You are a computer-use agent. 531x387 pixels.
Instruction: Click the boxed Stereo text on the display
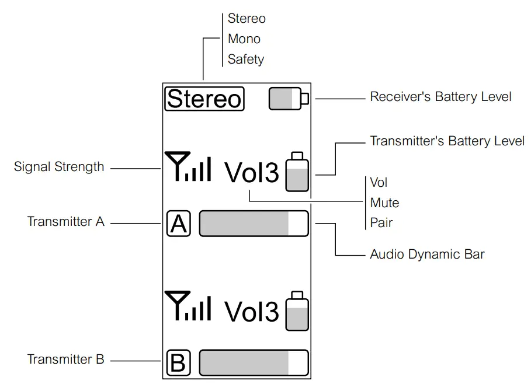[x=204, y=99]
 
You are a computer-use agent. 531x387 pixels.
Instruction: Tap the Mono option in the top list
[x=244, y=39]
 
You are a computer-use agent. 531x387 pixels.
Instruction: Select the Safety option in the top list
[x=246, y=59]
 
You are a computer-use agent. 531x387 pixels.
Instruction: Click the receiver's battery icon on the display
[x=288, y=99]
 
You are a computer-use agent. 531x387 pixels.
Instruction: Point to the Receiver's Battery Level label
[x=440, y=96]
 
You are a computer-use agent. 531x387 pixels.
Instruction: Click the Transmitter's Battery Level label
[x=447, y=141]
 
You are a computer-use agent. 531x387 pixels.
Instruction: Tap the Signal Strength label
[x=59, y=167]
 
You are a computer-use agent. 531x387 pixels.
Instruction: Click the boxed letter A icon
[x=179, y=224]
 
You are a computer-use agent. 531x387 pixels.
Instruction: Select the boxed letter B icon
[x=178, y=363]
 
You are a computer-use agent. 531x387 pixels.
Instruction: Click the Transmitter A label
[x=65, y=222]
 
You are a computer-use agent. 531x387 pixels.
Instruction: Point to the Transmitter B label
[x=65, y=360]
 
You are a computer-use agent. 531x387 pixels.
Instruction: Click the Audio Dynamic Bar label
[x=427, y=254]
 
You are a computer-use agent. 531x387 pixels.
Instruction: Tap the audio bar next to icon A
[x=254, y=224]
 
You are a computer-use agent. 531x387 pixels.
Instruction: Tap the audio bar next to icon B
[x=254, y=363]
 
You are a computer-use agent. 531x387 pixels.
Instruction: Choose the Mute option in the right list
[x=384, y=203]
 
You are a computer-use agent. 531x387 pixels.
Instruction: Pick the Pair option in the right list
[x=381, y=223]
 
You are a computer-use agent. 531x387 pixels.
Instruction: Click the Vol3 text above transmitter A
[x=252, y=172]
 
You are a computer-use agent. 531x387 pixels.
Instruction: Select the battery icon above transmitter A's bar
[x=297, y=172]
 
